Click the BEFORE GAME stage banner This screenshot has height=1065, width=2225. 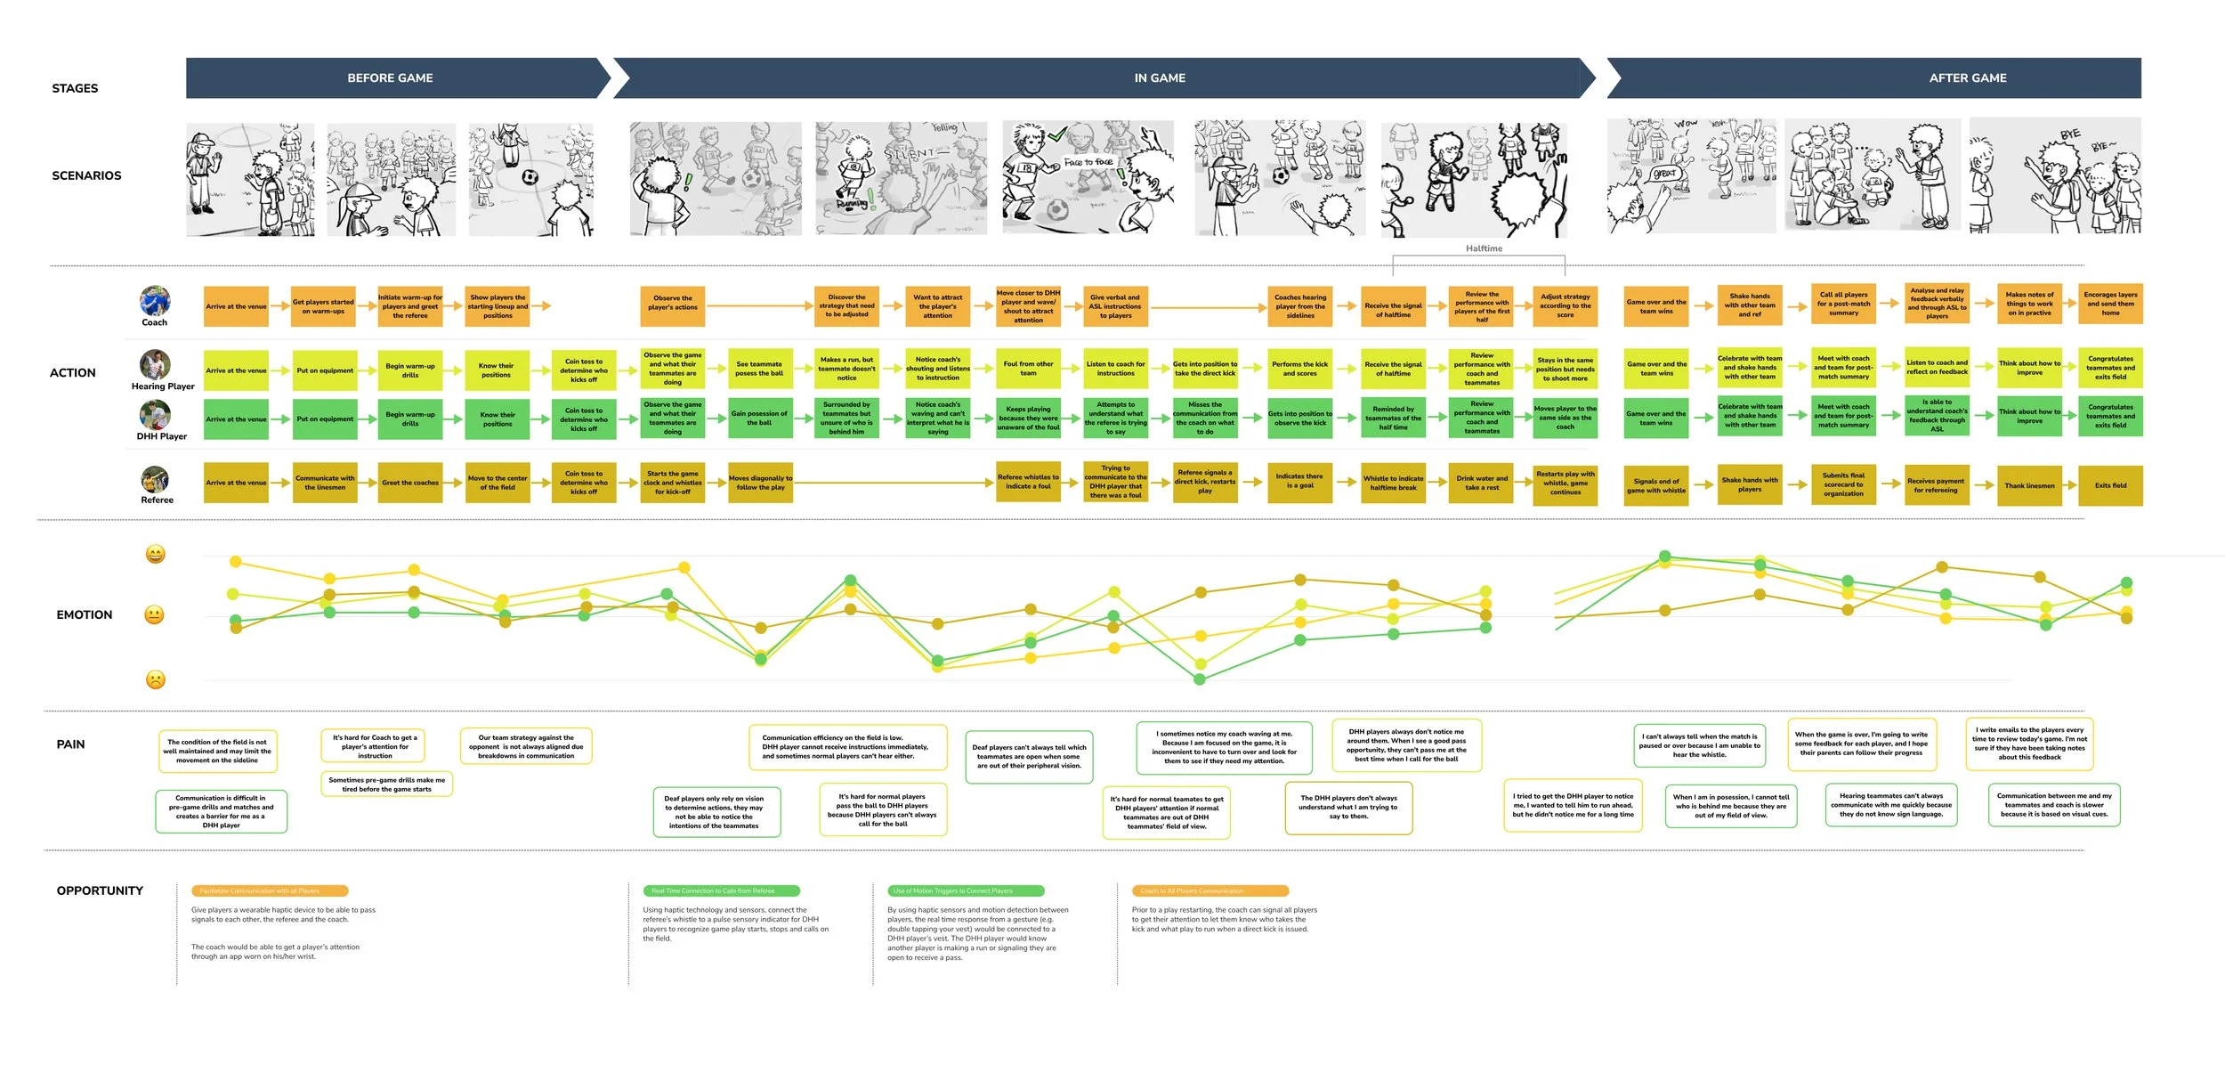(x=390, y=78)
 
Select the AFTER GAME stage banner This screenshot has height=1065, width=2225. (x=1967, y=78)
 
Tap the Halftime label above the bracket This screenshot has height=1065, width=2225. (x=1484, y=248)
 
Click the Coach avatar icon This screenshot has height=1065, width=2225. (x=155, y=301)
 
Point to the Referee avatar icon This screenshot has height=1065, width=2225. (x=155, y=480)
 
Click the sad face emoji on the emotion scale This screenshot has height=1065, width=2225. (x=155, y=680)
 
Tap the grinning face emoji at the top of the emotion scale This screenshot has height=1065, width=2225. (x=155, y=555)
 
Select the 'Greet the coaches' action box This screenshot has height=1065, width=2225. (x=410, y=484)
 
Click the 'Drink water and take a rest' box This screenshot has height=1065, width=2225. (x=1482, y=484)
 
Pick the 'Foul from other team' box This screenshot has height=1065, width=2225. (x=1028, y=369)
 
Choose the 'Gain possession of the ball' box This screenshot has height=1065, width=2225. (x=759, y=419)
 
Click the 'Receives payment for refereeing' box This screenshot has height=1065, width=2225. (x=1936, y=485)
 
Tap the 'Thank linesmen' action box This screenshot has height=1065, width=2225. (x=2029, y=486)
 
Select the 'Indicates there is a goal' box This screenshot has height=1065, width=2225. (x=1299, y=481)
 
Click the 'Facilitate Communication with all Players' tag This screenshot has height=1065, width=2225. (x=269, y=890)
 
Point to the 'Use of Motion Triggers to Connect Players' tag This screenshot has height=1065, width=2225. (x=966, y=890)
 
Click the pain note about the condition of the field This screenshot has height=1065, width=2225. (x=217, y=752)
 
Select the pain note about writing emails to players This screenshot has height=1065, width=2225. (x=2029, y=744)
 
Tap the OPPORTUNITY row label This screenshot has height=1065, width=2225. (x=100, y=890)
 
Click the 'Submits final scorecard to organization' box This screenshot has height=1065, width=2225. (x=1843, y=485)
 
